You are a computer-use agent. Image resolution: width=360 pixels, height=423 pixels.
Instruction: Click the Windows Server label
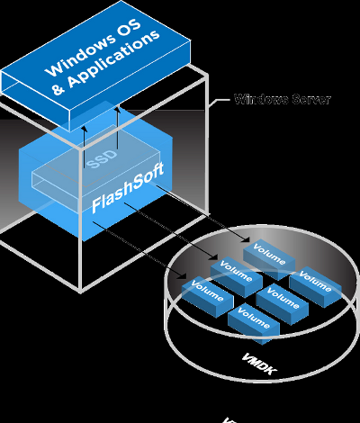(281, 99)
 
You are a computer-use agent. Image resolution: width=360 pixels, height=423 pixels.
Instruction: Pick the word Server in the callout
(308, 99)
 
